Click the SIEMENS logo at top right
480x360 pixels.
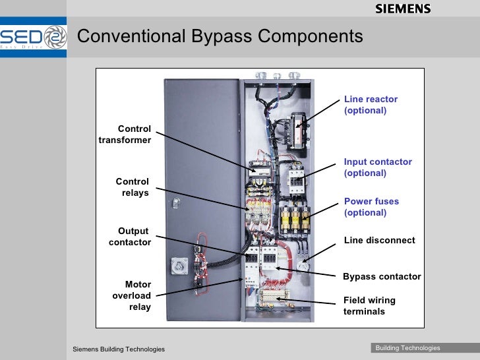(403, 9)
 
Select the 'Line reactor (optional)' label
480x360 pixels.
(371, 105)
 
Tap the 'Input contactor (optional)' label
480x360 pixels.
(378, 167)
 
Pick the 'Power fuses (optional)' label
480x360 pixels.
(371, 207)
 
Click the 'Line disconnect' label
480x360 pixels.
(379, 241)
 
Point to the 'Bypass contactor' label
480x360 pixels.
(382, 277)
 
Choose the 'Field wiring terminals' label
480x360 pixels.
(369, 306)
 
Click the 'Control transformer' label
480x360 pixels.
(125, 135)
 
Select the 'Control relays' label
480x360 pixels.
(133, 187)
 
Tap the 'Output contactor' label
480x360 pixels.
(131, 237)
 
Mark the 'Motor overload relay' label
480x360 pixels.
(132, 295)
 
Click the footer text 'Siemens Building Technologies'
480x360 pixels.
(119, 349)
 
